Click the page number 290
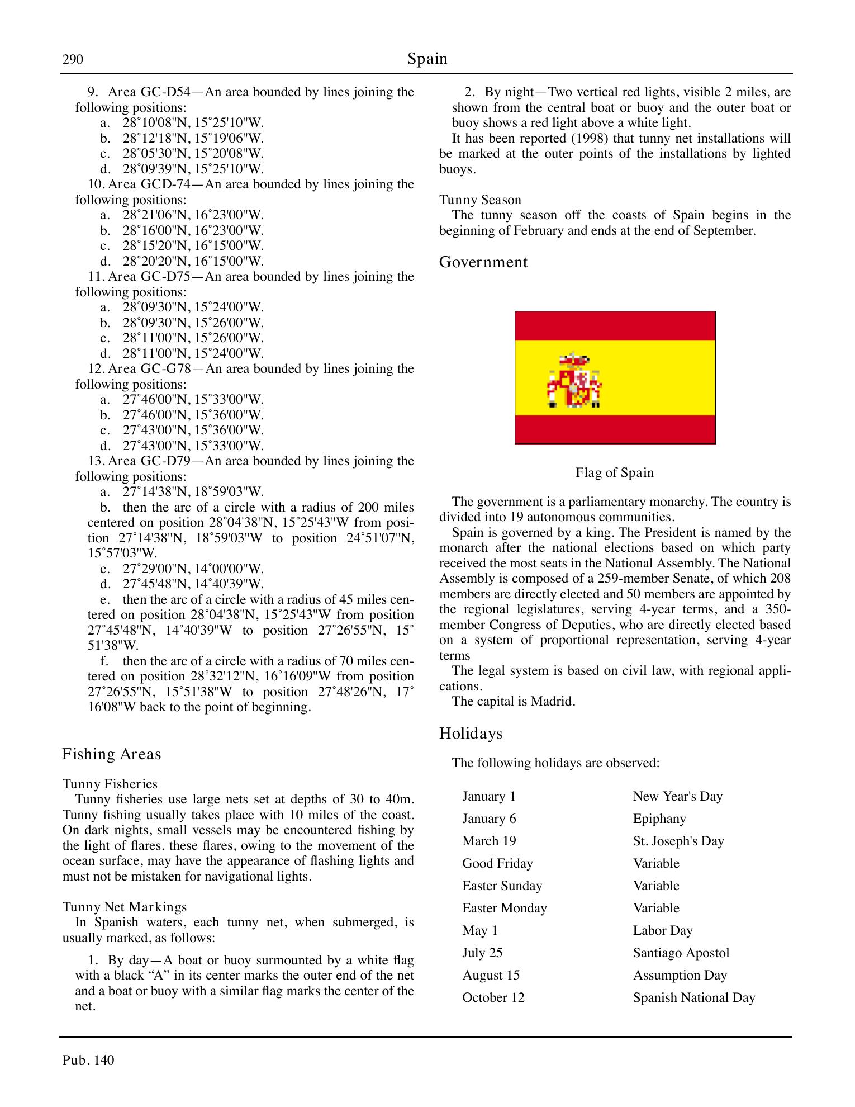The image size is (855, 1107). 73,59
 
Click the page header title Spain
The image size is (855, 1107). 427,59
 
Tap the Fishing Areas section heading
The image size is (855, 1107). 111,754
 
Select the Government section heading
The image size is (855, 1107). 483,262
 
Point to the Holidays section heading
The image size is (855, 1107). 471,734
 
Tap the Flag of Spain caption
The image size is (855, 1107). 614,473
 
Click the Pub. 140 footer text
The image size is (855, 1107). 88,1060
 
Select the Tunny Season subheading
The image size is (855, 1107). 480,200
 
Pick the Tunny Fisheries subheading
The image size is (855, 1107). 110,784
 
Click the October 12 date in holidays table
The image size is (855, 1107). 493,998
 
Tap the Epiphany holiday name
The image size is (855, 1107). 659,819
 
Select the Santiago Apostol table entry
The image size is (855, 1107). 681,953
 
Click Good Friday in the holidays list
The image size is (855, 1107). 497,864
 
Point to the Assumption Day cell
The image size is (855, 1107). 680,976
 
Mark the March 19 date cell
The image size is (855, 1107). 489,841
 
